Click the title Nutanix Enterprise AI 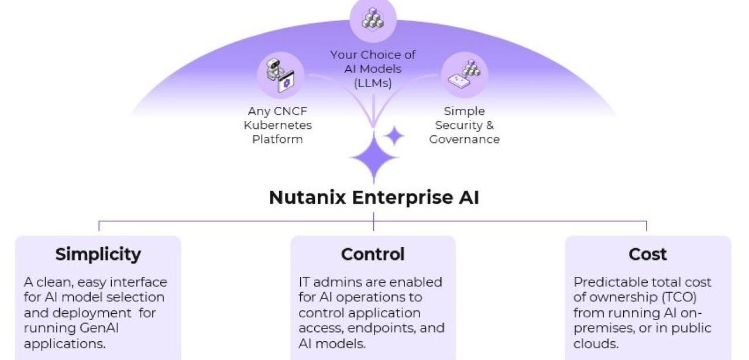tap(374, 197)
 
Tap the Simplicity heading tap(98, 254)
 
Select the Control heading tap(373, 254)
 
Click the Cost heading tap(648, 254)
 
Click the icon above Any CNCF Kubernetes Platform tap(280, 76)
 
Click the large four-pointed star tap(373, 156)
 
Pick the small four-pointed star tap(394, 136)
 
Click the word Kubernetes tap(278, 125)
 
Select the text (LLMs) tap(373, 83)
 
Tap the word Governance tap(464, 139)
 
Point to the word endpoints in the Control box tap(381, 328)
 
